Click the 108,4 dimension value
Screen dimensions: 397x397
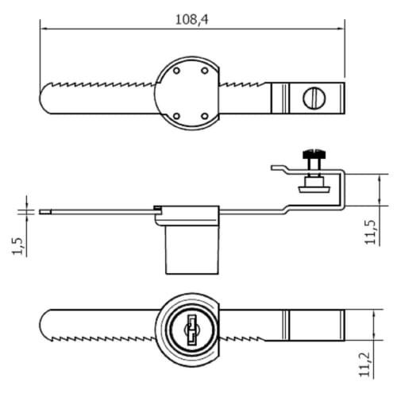pos(191,20)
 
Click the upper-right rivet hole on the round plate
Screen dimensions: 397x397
pos(205,71)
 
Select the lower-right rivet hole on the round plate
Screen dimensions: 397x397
pos(205,116)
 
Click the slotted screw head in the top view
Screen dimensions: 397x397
pos(313,98)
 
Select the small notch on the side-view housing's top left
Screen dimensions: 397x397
pos(158,209)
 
